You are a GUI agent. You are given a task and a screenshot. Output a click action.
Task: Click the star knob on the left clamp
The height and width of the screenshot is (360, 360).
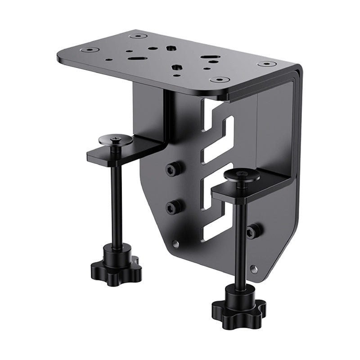[121, 263]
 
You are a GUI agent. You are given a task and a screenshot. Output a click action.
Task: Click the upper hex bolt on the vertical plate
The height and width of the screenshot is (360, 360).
[173, 169]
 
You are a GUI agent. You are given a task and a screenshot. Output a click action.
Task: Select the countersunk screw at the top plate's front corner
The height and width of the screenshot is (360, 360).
[220, 80]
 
